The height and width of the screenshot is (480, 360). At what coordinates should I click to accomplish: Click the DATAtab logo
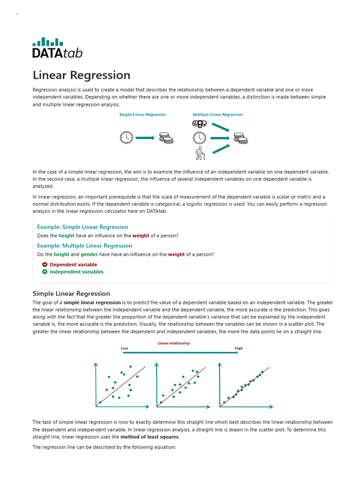coord(57,48)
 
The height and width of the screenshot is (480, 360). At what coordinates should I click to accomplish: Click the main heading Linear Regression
coord(82,75)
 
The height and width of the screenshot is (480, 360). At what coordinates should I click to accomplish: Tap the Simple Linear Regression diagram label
coord(142,114)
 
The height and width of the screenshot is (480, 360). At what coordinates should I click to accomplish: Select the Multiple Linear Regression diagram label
coord(217,114)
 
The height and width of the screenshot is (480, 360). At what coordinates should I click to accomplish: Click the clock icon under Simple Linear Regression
coord(126,138)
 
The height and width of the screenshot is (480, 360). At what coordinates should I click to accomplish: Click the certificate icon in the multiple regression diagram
coord(199,124)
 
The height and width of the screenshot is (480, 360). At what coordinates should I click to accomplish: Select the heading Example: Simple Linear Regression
coord(82,227)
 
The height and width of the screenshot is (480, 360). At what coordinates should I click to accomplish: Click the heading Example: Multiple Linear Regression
coord(84,246)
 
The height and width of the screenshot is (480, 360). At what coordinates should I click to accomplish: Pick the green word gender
coord(89,255)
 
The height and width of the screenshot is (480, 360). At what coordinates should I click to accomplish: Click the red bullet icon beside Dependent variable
coord(45,265)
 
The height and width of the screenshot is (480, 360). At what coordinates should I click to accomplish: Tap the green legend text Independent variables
coord(76,272)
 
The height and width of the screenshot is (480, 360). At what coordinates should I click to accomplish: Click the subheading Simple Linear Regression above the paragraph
coord(71,294)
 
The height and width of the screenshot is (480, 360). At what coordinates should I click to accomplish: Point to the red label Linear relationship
coord(174,343)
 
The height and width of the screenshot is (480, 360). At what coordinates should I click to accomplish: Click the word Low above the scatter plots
coord(124,348)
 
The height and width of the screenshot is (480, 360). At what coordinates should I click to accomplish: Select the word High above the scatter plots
coord(239,348)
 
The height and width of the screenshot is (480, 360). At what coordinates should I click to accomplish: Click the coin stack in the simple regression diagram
coord(165,138)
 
